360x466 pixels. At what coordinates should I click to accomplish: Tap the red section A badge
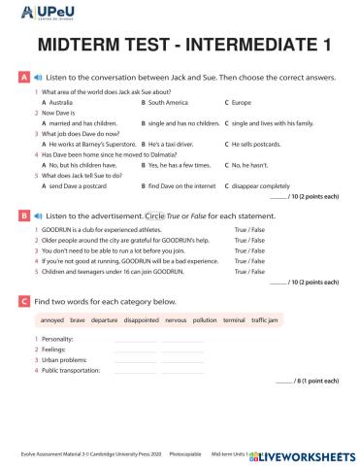23,75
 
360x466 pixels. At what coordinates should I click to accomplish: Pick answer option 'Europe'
241,101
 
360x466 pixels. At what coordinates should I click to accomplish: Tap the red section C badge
23,303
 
